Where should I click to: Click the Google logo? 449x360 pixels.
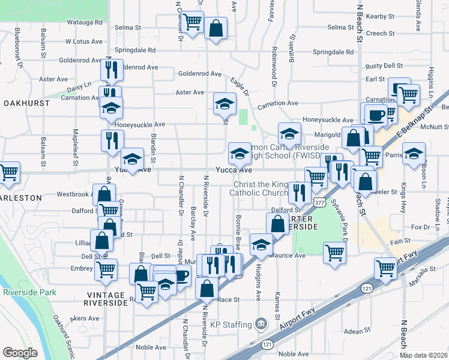[x=20, y=353]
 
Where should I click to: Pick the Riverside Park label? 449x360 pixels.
[x=29, y=292]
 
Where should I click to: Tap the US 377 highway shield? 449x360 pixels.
[x=319, y=203]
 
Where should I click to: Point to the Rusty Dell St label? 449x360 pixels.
[x=384, y=65]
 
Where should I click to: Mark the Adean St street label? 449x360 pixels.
[x=358, y=331]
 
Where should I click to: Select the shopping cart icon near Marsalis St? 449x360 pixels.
[x=385, y=268]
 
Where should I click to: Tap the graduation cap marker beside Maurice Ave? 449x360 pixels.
[x=261, y=244]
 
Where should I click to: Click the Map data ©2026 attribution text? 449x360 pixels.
[x=423, y=355]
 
